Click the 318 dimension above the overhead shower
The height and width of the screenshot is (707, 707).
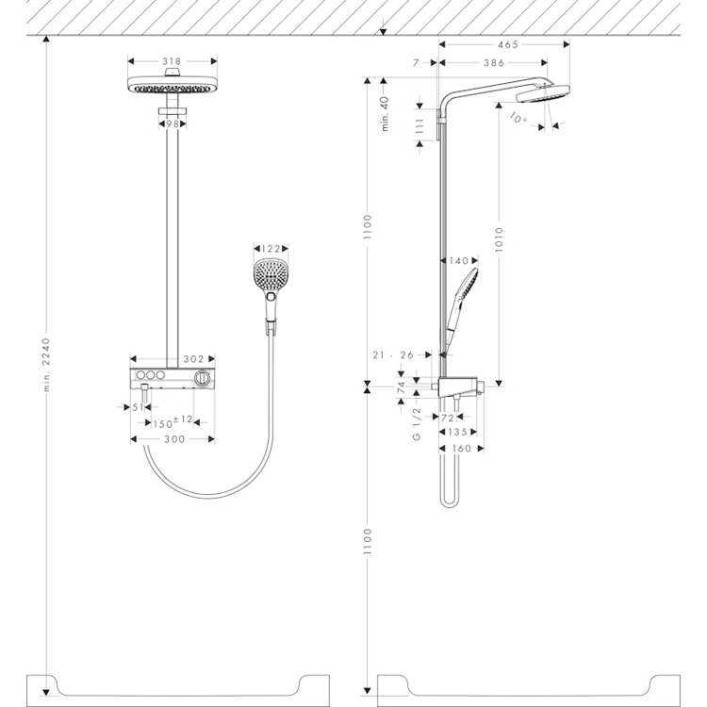(x=172, y=61)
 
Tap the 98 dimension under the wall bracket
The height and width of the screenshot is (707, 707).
(x=173, y=123)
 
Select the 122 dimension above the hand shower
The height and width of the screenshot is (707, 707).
(x=271, y=249)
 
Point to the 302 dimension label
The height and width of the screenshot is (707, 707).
(x=193, y=359)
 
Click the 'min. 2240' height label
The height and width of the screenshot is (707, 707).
(x=46, y=365)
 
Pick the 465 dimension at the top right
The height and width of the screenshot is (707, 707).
(x=508, y=44)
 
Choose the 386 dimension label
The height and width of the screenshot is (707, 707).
(x=494, y=63)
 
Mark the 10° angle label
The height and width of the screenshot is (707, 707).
(x=518, y=118)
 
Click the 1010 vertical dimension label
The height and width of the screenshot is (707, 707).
(x=499, y=239)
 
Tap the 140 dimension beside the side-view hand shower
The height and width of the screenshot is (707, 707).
(x=459, y=260)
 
